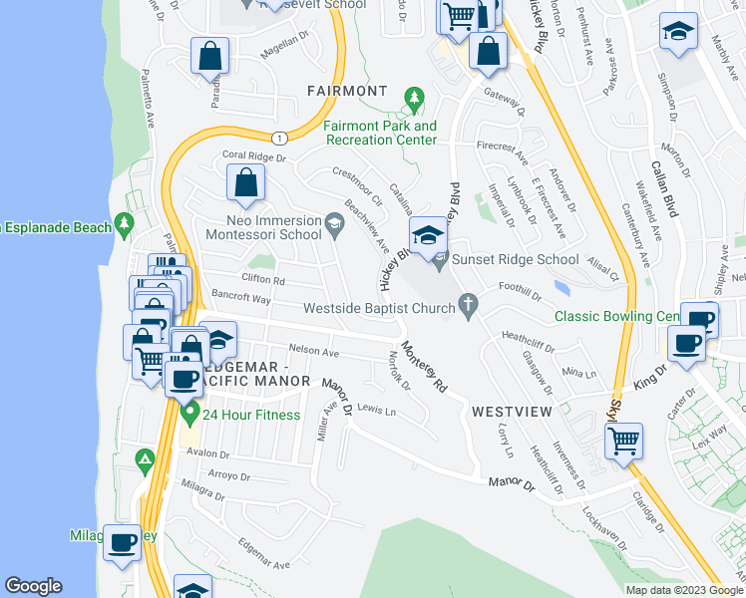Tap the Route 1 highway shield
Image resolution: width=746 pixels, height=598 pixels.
282,138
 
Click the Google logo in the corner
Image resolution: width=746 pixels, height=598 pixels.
34,586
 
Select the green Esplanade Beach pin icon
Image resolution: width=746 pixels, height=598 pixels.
124,226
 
